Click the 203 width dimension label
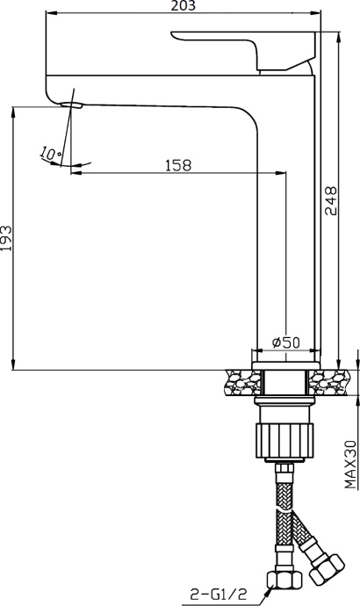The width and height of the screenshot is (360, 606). tap(184, 5)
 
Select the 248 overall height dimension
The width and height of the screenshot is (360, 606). tap(331, 200)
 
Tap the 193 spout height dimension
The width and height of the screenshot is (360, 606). tap(6, 238)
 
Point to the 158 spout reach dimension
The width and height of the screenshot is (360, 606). tap(178, 165)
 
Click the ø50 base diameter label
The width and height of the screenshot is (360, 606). tap(286, 343)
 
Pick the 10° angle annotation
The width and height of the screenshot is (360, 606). tap(50, 153)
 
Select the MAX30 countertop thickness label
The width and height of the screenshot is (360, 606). tap(350, 465)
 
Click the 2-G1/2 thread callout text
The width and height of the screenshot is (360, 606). tap(219, 594)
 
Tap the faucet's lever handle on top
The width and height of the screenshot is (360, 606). tap(243, 50)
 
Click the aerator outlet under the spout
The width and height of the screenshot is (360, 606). tap(72, 105)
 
